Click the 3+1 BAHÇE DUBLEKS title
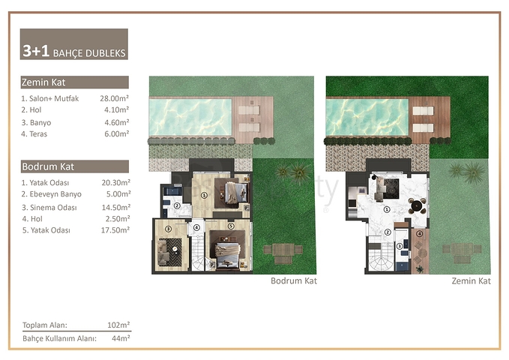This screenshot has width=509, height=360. pos(74,51)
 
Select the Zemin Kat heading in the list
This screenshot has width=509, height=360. pos(43,82)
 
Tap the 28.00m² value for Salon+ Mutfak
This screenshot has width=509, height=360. pos(114,98)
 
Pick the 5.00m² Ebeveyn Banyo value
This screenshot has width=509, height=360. pos(118,194)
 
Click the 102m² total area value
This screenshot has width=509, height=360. pos(118,325)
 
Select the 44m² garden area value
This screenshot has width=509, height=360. pos(121,338)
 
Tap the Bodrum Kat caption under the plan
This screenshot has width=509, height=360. pos(293,280)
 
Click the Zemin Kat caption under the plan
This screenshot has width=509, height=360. pos(471,280)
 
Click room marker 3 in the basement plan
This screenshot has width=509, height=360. pos(168,229)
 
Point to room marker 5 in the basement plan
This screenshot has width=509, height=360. pos(231,226)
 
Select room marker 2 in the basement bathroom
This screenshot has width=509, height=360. pos(177,205)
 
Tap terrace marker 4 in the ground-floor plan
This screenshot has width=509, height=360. pos(419,233)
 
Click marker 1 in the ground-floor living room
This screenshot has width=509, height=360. pos(387,209)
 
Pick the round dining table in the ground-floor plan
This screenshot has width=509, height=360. pos(417,205)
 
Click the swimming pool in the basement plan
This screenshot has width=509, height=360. pos(190,117)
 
